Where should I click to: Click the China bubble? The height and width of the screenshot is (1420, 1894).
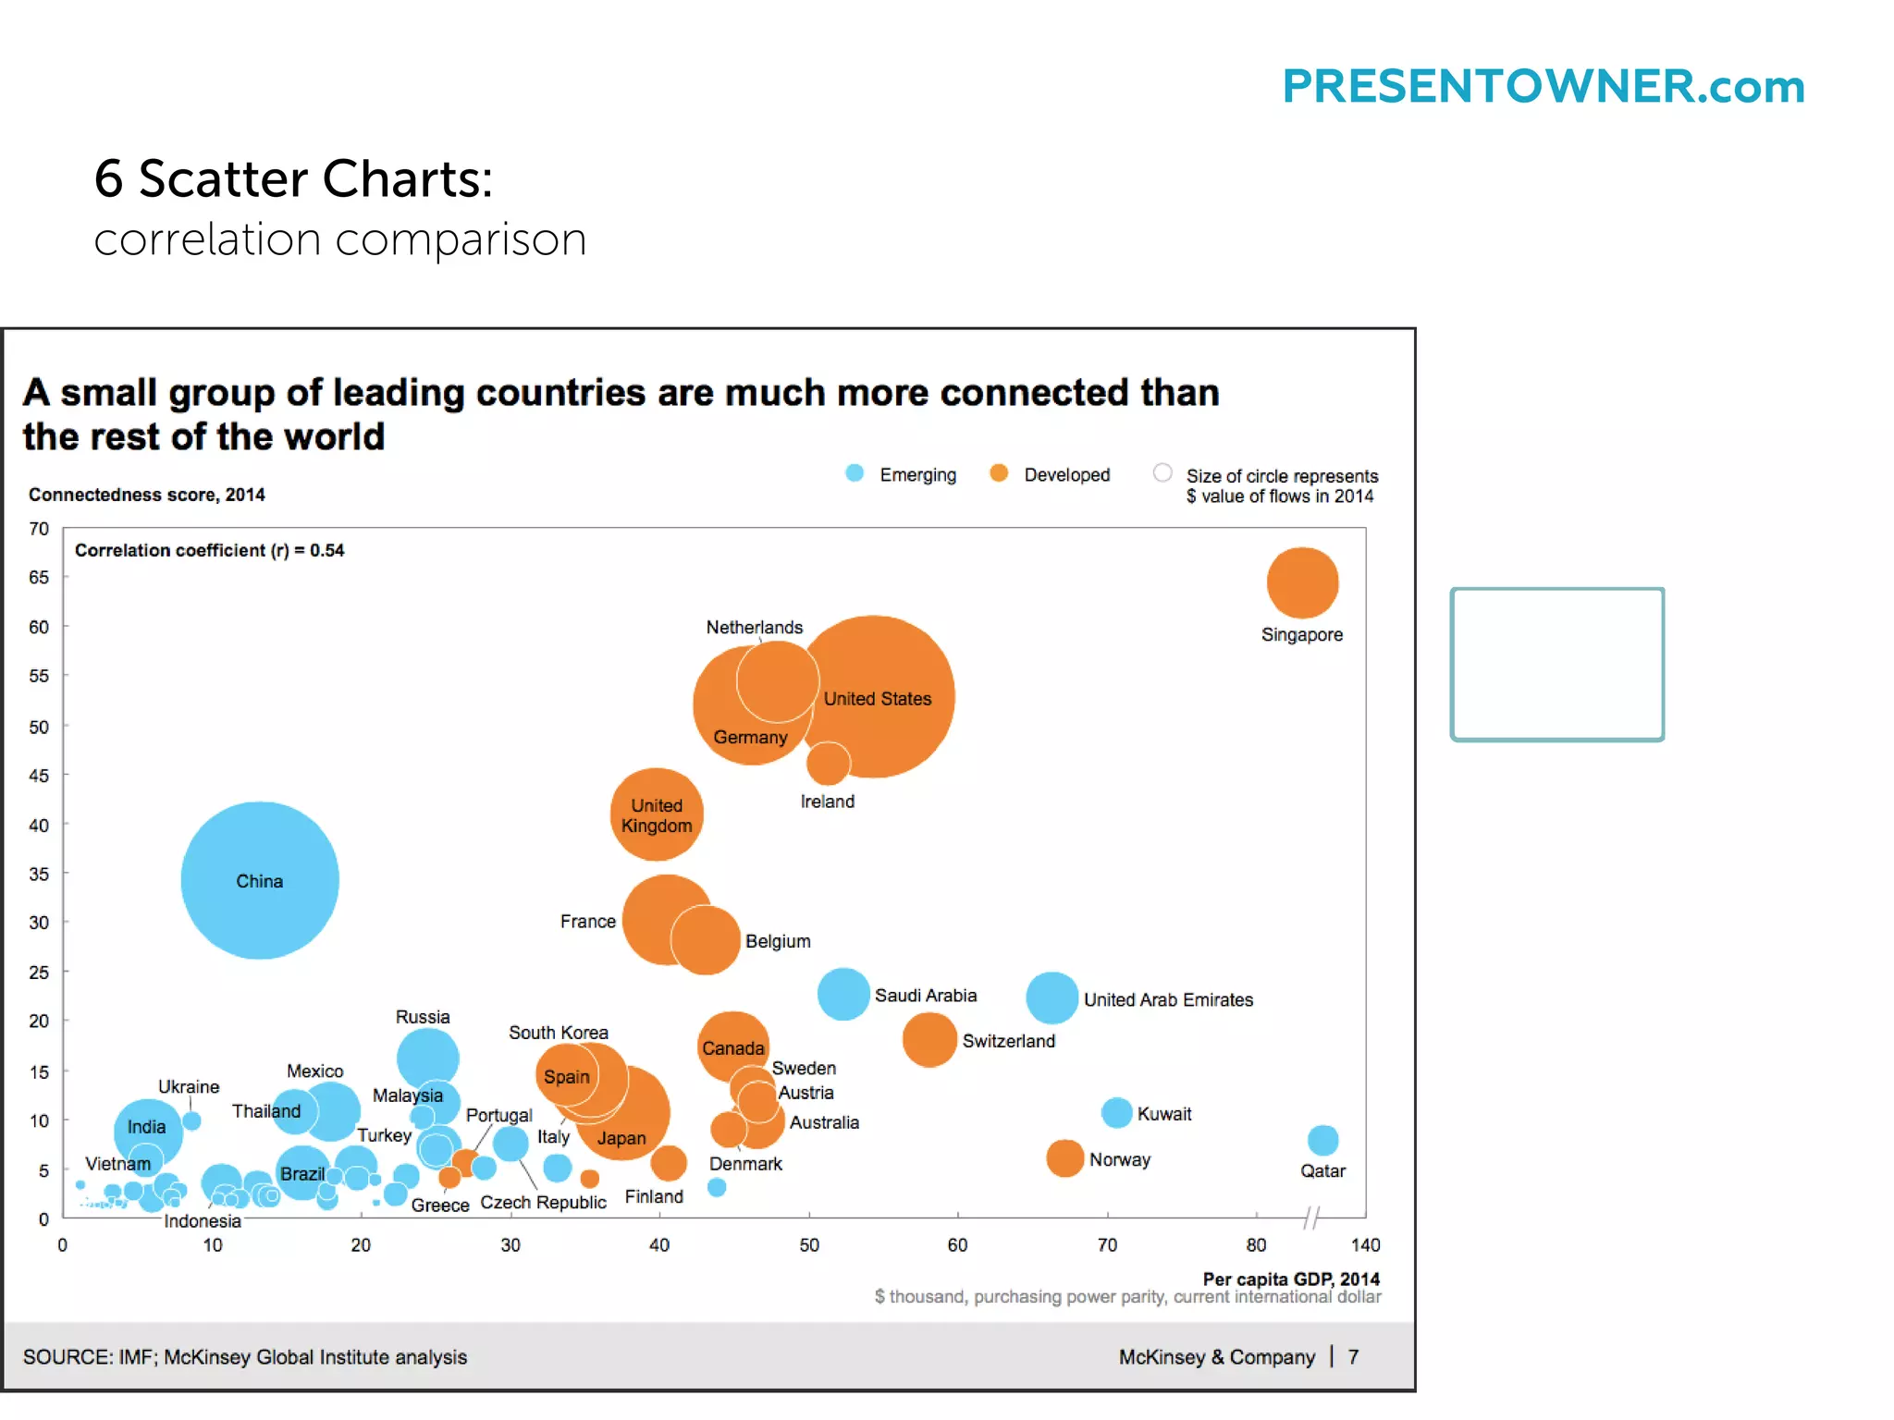click(259, 879)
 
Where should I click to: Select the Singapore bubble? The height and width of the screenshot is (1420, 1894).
click(1302, 582)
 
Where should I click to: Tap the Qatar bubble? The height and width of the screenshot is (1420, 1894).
click(1322, 1140)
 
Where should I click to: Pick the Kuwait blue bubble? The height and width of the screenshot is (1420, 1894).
click(1116, 1112)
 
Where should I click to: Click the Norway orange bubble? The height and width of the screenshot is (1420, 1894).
click(1064, 1158)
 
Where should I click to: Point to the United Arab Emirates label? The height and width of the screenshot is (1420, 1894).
click(1168, 999)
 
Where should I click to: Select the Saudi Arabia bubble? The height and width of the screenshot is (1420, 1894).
click(842, 994)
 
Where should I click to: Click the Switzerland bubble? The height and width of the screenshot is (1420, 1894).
click(929, 1039)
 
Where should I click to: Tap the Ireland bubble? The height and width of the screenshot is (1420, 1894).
click(828, 763)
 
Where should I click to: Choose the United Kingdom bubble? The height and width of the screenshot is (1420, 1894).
click(657, 814)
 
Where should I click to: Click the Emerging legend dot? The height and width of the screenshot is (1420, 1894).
click(855, 473)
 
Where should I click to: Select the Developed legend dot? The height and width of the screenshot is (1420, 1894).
click(999, 473)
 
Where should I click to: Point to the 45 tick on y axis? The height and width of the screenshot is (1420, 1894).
click(39, 776)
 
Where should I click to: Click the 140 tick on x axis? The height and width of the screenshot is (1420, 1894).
click(1365, 1244)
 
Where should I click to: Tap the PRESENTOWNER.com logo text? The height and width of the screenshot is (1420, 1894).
click(1543, 87)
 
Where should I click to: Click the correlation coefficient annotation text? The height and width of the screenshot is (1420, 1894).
click(209, 550)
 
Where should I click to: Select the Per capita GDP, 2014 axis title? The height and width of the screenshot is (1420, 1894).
click(1290, 1279)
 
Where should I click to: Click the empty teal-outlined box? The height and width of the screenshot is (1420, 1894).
click(1556, 664)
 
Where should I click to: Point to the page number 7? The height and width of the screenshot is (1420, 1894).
click(1353, 1356)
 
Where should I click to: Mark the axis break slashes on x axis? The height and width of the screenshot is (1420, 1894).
click(1311, 1217)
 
